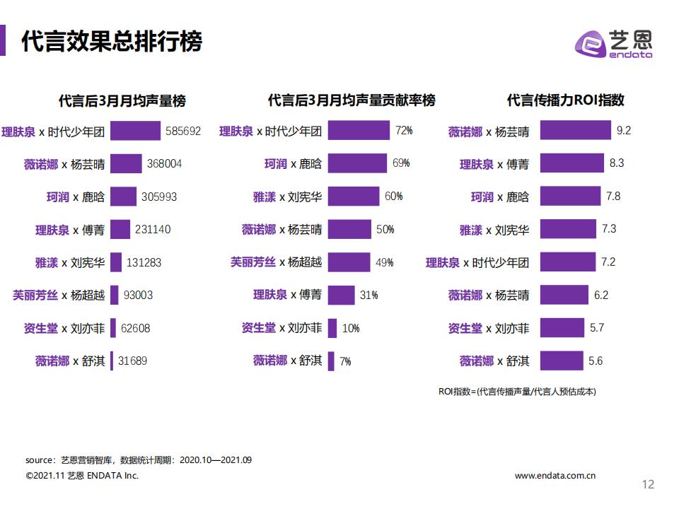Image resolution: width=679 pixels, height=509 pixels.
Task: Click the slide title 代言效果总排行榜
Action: click(112, 42)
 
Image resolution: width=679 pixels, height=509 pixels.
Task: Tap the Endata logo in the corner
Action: click(613, 43)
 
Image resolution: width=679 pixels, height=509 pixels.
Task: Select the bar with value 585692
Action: click(135, 131)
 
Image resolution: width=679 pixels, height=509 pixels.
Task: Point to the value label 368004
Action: click(165, 163)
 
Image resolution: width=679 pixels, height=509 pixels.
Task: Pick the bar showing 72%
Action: click(359, 131)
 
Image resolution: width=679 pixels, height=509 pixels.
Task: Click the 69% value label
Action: click(401, 163)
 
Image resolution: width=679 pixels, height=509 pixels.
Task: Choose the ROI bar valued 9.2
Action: click(575, 131)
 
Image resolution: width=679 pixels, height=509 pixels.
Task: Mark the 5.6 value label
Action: click(596, 361)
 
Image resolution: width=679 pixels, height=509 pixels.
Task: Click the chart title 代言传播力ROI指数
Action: click(565, 100)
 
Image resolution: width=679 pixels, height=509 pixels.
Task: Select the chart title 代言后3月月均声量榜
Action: click(122, 100)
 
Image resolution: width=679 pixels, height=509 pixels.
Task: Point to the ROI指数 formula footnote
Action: click(517, 391)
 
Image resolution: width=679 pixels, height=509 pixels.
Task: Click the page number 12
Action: click(648, 484)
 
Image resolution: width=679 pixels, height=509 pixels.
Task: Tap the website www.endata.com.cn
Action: click(555, 476)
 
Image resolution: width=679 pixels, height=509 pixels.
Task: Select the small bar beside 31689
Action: click(112, 361)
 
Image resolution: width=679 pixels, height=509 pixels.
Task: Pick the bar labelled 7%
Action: click(331, 361)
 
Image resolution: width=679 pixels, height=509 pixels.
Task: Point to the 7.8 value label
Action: click(612, 197)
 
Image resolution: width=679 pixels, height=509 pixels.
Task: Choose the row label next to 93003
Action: click(59, 295)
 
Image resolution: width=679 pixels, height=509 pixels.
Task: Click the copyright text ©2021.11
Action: click(82, 476)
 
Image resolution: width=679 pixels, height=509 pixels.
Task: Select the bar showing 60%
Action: click(354, 197)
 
